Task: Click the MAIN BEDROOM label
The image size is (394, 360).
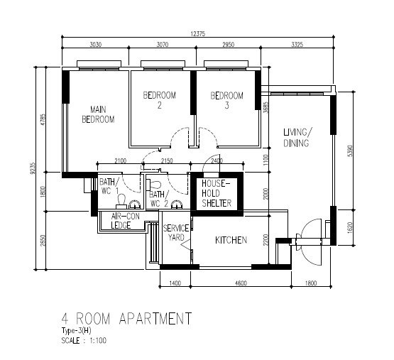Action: point(98,114)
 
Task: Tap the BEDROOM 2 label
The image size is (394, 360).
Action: point(159,100)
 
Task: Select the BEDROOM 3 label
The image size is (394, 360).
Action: point(226,100)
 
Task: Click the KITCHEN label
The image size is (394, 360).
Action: point(231,240)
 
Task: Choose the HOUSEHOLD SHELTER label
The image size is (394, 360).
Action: point(217,193)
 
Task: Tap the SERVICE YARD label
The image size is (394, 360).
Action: point(176,232)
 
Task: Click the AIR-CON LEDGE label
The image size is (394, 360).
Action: point(125,221)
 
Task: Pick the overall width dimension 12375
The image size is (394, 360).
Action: point(198,33)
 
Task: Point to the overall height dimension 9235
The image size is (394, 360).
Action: point(33,168)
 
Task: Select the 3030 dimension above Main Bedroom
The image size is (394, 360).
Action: point(96,45)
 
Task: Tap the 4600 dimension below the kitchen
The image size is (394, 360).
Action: point(241,283)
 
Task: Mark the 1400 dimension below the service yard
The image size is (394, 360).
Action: point(175,283)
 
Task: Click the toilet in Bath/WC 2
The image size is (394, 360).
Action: point(153,185)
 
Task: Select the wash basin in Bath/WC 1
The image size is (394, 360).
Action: point(135,204)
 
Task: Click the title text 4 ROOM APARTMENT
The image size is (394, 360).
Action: point(126,318)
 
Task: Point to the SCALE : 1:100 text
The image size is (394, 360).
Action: point(84,341)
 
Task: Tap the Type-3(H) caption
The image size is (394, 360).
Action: point(76,331)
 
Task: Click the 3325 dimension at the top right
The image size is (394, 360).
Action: point(297,45)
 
